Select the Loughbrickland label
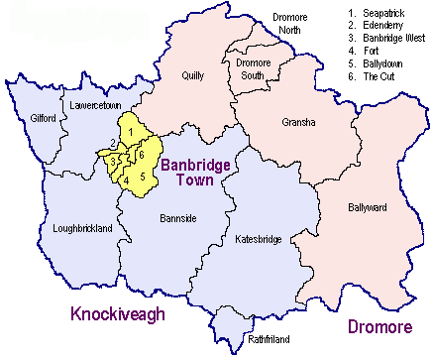coord(82,228)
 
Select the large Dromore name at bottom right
coord(379,325)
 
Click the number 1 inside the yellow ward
coord(131,133)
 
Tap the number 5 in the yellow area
coord(143,178)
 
